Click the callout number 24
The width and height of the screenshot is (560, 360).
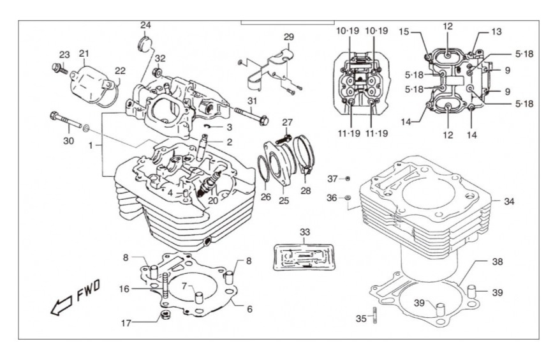coord(145,25)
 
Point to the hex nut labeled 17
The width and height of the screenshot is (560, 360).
coord(165,316)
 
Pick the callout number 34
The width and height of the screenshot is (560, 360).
coord(509,202)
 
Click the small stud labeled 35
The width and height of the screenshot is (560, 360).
coord(375,315)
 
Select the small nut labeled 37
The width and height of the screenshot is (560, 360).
coord(348,178)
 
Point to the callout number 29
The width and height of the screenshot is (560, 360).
coord(289,37)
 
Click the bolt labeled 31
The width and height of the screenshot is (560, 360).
coord(251,115)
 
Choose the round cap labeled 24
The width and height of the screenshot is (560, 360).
coord(145,43)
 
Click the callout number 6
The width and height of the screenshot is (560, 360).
coord(249,309)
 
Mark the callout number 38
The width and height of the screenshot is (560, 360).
coord(497,262)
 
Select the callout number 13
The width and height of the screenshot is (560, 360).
coord(496,32)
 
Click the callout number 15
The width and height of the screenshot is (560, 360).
coord(404,32)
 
